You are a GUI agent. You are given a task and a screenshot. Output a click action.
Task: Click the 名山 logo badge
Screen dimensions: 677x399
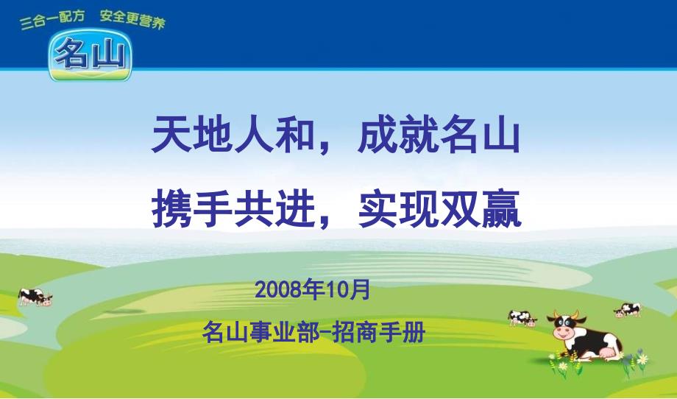[x=90, y=55]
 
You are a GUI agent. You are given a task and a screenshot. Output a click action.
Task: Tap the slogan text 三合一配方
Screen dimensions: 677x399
[x=52, y=20]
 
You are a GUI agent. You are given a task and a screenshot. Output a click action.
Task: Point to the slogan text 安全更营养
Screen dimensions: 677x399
[x=132, y=19]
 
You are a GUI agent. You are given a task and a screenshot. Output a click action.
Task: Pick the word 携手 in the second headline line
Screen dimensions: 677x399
[x=192, y=208]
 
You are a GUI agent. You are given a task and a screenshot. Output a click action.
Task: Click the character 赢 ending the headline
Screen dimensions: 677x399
[x=502, y=208]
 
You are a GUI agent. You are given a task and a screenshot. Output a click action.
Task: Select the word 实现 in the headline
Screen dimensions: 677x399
[x=397, y=208]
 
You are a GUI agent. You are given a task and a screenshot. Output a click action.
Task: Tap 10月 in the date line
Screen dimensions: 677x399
[x=349, y=289]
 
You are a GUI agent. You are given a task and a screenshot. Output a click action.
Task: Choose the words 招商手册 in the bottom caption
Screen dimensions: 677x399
[x=379, y=332]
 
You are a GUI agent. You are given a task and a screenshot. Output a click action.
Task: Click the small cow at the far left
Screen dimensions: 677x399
[x=35, y=297]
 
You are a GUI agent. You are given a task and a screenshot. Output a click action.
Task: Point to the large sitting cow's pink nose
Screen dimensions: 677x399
[x=563, y=332]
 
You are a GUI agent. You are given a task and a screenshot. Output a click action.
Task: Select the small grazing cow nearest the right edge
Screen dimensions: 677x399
[x=628, y=310]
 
